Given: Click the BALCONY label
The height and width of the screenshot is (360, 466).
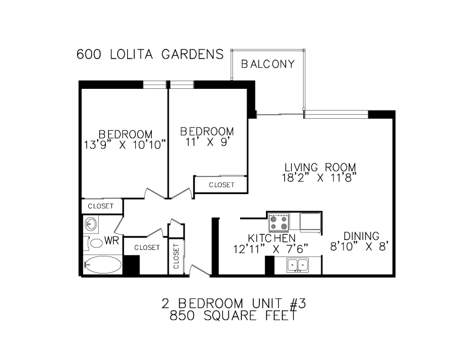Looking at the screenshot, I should [268, 65].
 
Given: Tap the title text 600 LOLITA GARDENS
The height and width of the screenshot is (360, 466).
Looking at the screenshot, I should [150, 55].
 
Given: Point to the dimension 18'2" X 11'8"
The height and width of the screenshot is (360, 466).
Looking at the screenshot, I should [320, 176].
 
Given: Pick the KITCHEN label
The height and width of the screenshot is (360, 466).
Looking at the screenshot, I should [271, 238].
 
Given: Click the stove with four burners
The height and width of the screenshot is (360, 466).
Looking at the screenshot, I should [279, 222].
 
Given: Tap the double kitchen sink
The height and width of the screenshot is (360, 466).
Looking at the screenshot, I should [299, 265].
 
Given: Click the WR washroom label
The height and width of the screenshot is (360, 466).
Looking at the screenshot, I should [112, 241].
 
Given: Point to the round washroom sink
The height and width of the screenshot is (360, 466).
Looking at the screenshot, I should [91, 224].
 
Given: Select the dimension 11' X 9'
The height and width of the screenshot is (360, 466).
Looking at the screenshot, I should [207, 141].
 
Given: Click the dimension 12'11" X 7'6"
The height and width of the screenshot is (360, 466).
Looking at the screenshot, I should [270, 248].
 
